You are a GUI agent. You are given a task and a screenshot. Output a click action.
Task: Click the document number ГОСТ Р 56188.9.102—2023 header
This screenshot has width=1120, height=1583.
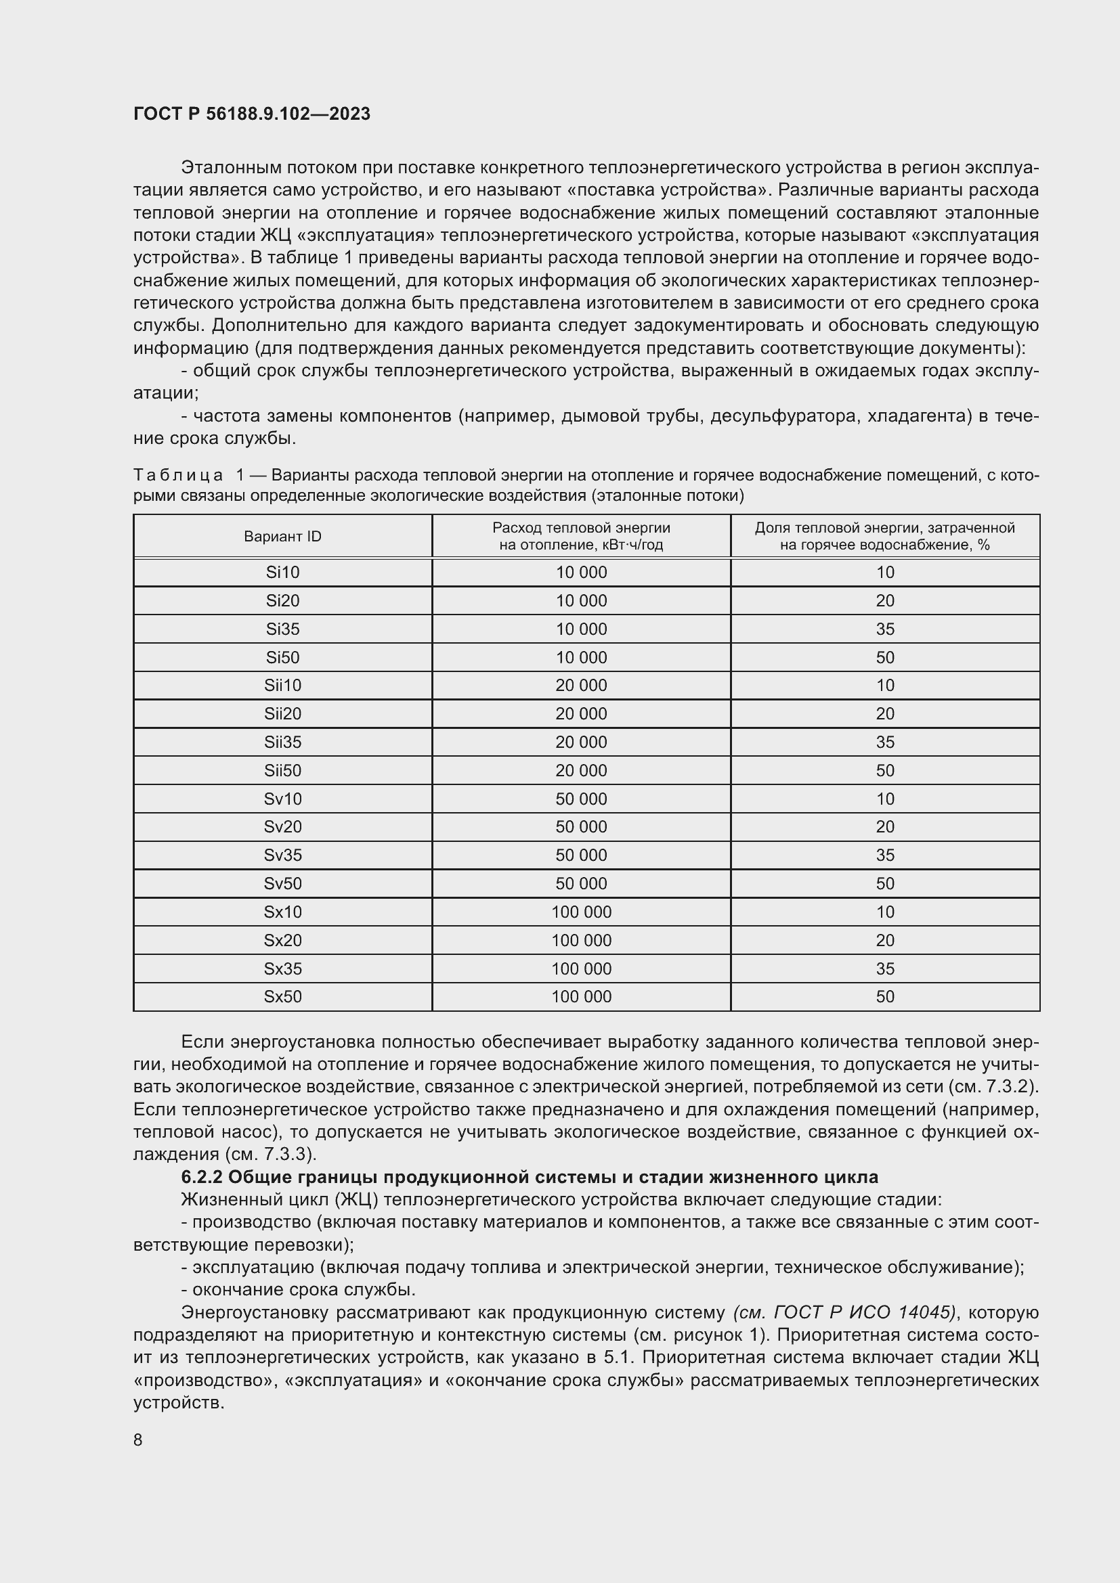tap(252, 114)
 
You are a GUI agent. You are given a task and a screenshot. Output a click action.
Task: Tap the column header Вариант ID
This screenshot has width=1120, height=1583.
tap(282, 537)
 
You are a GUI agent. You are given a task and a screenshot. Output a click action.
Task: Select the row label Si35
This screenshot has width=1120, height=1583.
tap(282, 629)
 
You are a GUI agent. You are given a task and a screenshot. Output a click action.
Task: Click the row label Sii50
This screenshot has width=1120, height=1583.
tap(282, 770)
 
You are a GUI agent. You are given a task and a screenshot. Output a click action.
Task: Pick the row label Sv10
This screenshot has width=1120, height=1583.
tap(282, 799)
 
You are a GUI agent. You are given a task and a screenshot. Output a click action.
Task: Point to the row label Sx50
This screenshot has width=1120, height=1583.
tap(282, 996)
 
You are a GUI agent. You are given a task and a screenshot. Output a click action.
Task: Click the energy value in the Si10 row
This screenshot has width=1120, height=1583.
tap(582, 573)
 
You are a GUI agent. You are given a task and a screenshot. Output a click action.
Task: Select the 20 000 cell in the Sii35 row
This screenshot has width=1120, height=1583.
tap(582, 742)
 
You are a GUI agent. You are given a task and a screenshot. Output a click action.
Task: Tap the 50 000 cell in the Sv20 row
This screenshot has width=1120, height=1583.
tap(582, 826)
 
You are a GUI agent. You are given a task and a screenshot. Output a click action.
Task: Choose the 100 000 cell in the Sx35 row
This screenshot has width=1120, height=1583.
tap(582, 968)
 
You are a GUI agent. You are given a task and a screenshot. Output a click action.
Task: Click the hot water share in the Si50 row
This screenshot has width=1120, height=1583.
tap(885, 657)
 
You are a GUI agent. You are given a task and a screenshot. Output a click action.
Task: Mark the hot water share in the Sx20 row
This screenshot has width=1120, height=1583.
tap(885, 940)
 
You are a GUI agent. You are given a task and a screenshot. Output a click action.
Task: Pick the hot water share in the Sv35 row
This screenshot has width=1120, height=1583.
tap(885, 855)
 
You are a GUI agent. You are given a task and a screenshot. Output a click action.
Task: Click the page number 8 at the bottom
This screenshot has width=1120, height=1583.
tap(138, 1440)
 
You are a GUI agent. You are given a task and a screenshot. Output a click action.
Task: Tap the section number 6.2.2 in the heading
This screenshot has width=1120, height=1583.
tap(201, 1177)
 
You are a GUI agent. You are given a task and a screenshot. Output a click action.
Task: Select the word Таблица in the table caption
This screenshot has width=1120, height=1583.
tap(178, 475)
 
